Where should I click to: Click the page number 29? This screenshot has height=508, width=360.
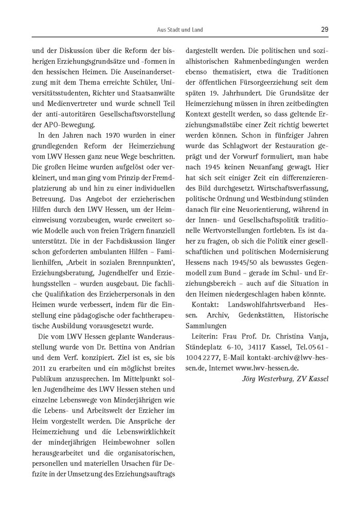coord(325,29)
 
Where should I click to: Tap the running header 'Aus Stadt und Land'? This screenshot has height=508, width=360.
coord(180,30)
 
